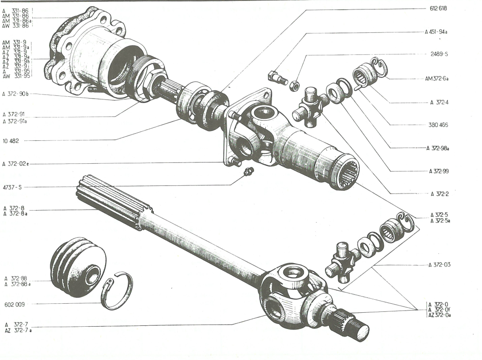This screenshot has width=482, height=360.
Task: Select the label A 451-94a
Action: click(439, 32)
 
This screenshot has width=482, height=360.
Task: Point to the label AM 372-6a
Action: click(437, 79)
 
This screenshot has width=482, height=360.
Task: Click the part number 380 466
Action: click(438, 125)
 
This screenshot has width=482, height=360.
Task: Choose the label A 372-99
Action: click(439, 171)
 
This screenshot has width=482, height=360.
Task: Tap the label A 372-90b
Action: click(15, 94)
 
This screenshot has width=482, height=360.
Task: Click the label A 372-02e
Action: click(15, 164)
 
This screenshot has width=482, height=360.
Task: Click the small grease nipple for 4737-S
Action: click(248, 172)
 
